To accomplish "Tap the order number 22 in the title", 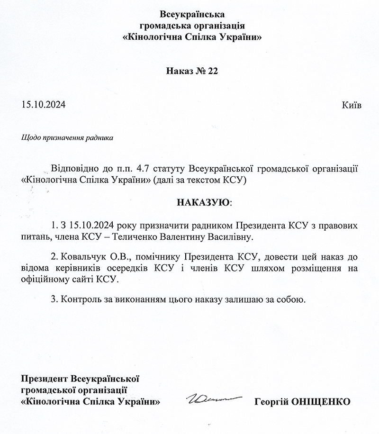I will [211, 71].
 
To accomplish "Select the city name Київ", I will [351, 105].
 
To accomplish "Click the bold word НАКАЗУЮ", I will [203, 203].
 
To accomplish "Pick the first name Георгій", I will [272, 402].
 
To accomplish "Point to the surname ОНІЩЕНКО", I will [322, 402].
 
